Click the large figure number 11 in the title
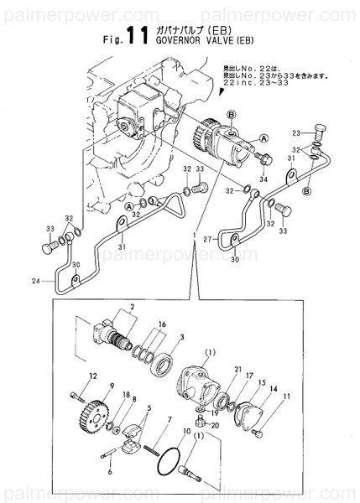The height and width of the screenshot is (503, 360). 138,34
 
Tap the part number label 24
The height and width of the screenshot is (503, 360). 36,280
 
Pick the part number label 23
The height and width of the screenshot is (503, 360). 295,133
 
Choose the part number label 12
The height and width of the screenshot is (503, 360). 94,376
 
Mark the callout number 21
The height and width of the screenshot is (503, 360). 238,370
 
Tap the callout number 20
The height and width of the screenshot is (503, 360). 215,426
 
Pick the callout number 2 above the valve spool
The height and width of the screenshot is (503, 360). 131,309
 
